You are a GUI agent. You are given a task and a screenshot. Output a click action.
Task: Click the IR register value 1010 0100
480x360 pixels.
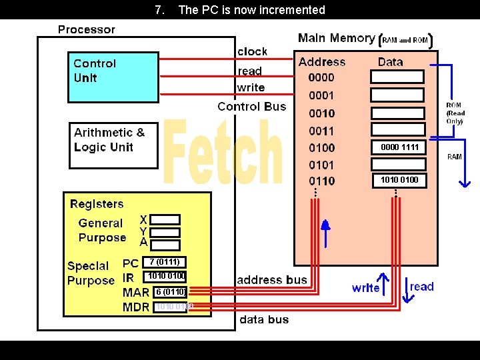(166, 276)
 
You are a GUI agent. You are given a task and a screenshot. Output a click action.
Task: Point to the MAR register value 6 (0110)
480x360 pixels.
(169, 291)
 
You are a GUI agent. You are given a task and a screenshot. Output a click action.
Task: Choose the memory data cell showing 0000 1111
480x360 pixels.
(399, 147)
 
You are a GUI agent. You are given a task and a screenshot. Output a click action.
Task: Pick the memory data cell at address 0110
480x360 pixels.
(399, 180)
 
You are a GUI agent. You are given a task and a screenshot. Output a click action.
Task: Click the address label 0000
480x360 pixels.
(321, 77)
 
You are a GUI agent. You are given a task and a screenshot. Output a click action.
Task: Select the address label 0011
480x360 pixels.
(321, 131)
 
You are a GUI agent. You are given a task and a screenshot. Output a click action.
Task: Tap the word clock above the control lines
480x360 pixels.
(252, 51)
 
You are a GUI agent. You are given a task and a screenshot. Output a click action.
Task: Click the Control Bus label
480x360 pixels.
(251, 107)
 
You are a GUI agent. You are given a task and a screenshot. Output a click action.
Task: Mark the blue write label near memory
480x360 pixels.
(365, 288)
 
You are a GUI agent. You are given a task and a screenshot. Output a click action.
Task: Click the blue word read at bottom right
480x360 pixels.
(421, 287)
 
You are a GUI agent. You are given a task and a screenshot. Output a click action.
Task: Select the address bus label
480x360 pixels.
(272, 280)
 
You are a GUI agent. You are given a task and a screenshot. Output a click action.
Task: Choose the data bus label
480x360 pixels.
(264, 319)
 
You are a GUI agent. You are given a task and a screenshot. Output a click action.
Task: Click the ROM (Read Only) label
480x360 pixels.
(455, 113)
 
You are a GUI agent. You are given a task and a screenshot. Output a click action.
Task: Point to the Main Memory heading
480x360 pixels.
(336, 38)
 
